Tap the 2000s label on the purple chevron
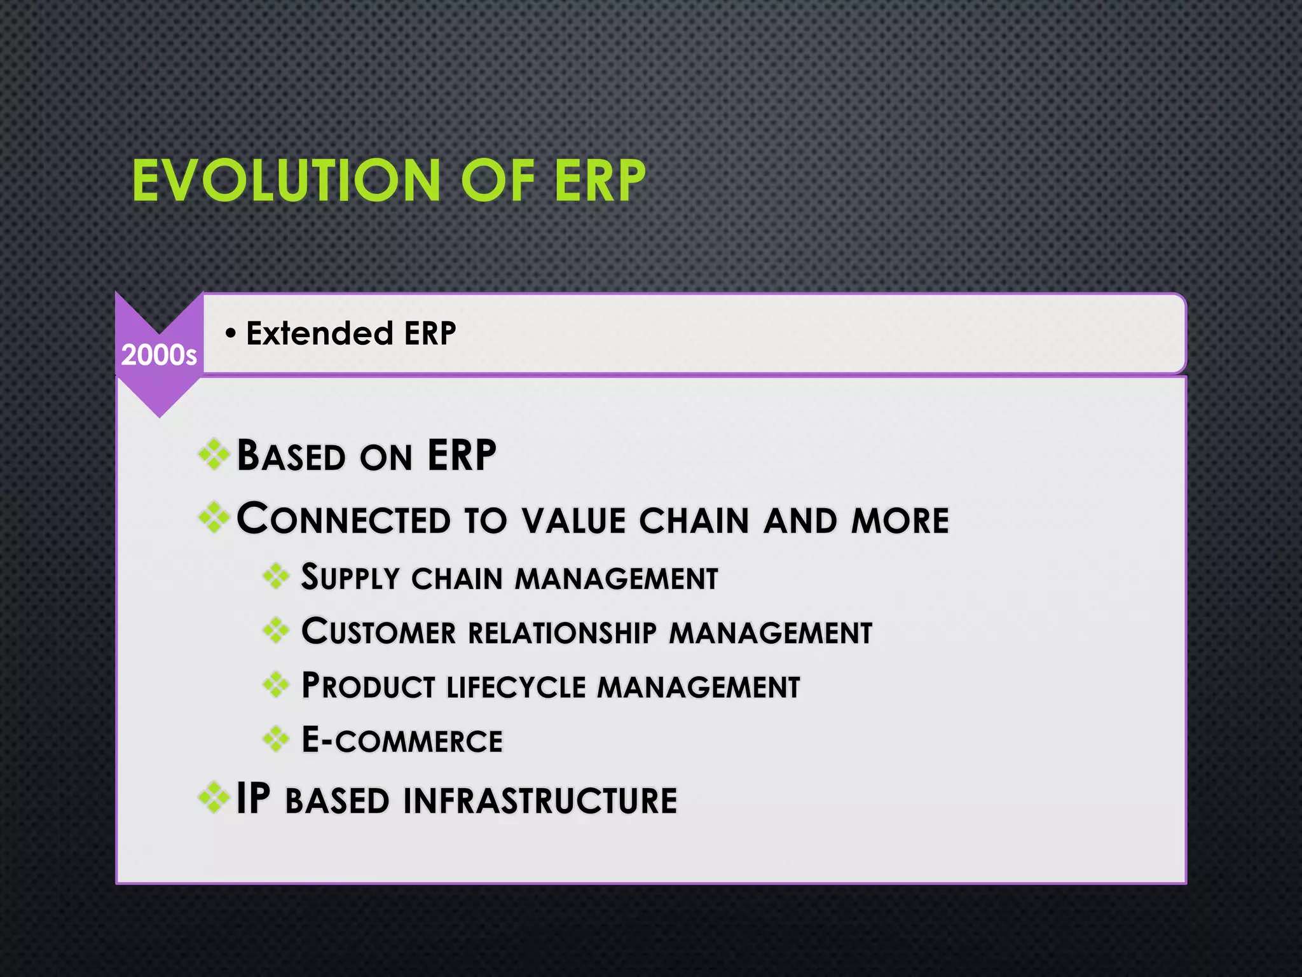[x=159, y=355]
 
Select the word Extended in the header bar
[x=319, y=333]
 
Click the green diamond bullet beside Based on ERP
[x=214, y=455]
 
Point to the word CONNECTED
[x=343, y=519]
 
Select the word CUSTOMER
[x=379, y=632]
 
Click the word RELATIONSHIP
[x=562, y=633]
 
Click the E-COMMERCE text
[x=402, y=740]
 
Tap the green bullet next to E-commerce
[x=276, y=739]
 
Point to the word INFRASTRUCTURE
[x=540, y=800]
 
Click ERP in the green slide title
[x=599, y=181]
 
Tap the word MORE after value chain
[x=900, y=520]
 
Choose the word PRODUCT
[x=368, y=686]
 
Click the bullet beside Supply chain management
[x=276, y=577]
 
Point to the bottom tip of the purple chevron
[x=160, y=415]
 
